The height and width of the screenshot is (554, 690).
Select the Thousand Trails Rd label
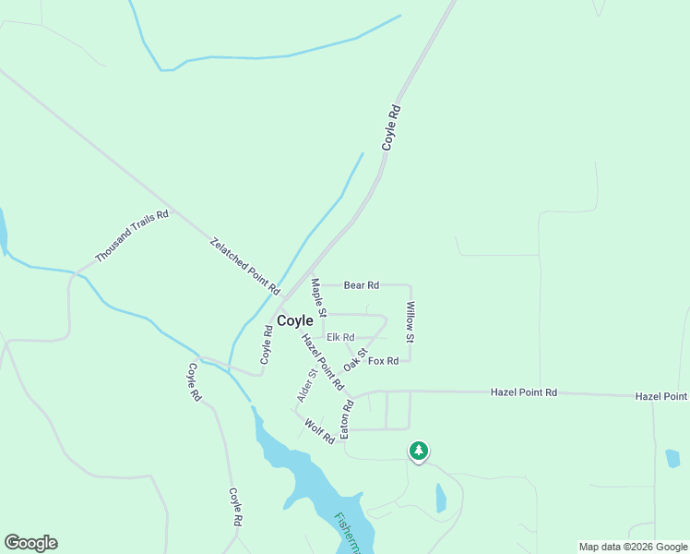[x=132, y=236]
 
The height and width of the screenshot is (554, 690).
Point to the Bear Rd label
[x=362, y=285]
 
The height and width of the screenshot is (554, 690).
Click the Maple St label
[x=319, y=297]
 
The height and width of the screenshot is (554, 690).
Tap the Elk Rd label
[x=340, y=337]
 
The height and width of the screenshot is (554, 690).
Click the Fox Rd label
[x=383, y=360]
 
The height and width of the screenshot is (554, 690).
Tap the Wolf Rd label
[x=319, y=432]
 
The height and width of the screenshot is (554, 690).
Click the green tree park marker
[x=419, y=451]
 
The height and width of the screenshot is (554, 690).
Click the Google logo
[x=30, y=543]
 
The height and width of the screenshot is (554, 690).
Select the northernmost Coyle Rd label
[x=392, y=128]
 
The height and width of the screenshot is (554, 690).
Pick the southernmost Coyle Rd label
[x=235, y=507]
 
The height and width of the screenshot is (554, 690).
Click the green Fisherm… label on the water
[x=349, y=534]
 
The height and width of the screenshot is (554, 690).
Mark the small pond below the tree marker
[x=441, y=499]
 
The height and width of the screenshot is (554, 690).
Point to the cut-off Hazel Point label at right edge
[x=661, y=396]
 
